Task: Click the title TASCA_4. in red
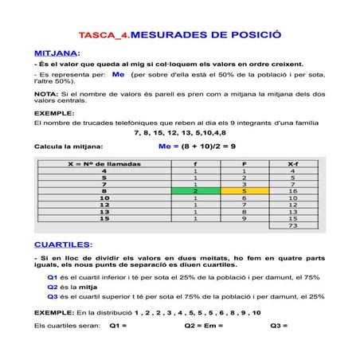pos(104,37)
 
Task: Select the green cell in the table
pos(195,191)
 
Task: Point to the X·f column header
pos(292,162)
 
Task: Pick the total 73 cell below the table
pos(292,226)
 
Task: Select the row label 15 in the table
pos(104,219)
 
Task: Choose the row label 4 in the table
pos(104,170)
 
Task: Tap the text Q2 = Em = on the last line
pos(203,326)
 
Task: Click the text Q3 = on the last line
pos(279,326)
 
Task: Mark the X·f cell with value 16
pos(292,191)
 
